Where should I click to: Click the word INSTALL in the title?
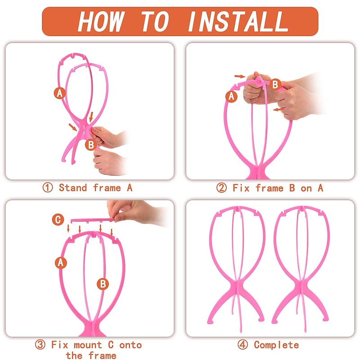coord(237,21)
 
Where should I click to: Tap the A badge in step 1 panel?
coord(60,93)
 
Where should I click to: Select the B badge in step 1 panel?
coord(90,144)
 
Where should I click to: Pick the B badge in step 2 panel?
coord(275,84)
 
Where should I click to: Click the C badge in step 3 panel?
coord(58,220)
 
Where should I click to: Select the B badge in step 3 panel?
coord(103,283)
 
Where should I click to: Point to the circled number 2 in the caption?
coord(221,188)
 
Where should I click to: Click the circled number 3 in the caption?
coord(40,345)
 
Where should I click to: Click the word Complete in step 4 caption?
coord(276,345)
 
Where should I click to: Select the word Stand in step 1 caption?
coord(73,188)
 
